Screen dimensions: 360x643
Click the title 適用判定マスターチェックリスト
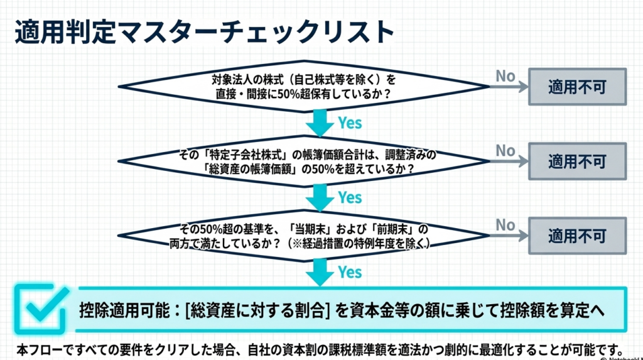pyautogui.click(x=204, y=32)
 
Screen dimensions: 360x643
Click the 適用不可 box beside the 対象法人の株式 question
pyautogui.click(x=577, y=87)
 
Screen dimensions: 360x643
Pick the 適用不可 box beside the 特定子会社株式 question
pyautogui.click(x=577, y=161)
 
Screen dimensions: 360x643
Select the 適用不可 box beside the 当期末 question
pyautogui.click(x=577, y=236)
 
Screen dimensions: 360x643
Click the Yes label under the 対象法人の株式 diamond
pyautogui.click(x=350, y=123)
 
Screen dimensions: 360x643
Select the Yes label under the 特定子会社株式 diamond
pyautogui.click(x=350, y=197)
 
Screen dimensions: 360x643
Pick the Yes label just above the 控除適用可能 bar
pyautogui.click(x=350, y=272)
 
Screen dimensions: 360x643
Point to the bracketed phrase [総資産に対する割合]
pyautogui.click(x=257, y=310)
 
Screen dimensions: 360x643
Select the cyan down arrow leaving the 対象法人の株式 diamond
pyautogui.click(x=320, y=122)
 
